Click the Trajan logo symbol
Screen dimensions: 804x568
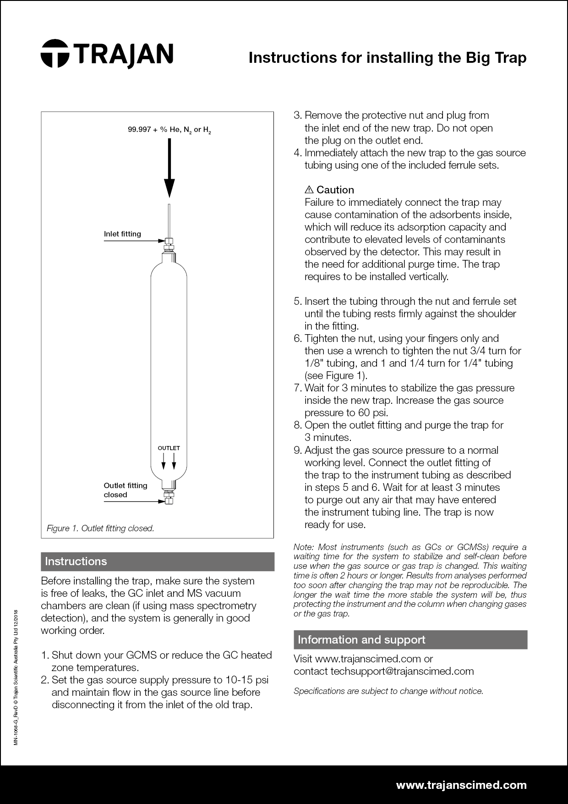(x=55, y=53)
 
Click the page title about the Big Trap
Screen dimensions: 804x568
(x=387, y=58)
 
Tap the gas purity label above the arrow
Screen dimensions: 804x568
(x=169, y=130)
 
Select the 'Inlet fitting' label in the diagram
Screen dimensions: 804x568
(x=122, y=234)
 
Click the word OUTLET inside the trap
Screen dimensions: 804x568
(x=169, y=448)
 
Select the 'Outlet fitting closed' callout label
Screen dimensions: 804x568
(x=125, y=490)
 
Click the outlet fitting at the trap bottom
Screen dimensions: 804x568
(x=169, y=497)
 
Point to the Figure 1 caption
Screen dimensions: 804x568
(x=100, y=528)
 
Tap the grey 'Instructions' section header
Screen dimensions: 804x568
(x=158, y=562)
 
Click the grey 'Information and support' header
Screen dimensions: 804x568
(x=410, y=640)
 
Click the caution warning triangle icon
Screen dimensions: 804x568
(x=309, y=190)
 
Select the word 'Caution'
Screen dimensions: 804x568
(x=335, y=190)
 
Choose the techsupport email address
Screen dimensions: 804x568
(x=402, y=671)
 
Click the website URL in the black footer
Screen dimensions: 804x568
(x=461, y=785)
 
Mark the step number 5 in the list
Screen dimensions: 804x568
(x=297, y=302)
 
